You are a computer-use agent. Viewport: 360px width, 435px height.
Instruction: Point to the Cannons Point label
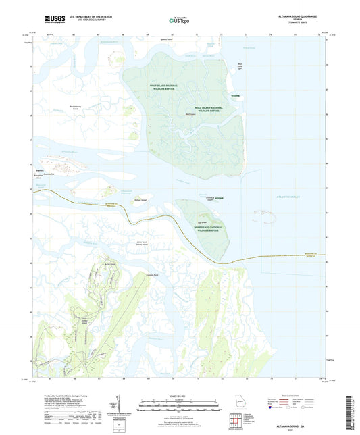coord(161,276)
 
